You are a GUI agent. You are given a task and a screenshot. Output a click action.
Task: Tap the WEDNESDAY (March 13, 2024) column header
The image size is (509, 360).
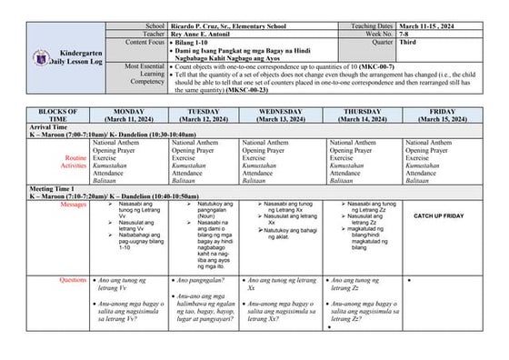(281, 116)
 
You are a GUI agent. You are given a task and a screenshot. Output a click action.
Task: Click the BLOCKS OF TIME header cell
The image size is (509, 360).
(57, 116)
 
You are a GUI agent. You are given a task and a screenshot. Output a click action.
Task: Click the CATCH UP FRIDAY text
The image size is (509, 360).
(439, 215)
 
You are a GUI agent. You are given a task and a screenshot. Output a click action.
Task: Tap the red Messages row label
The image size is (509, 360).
(73, 205)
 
